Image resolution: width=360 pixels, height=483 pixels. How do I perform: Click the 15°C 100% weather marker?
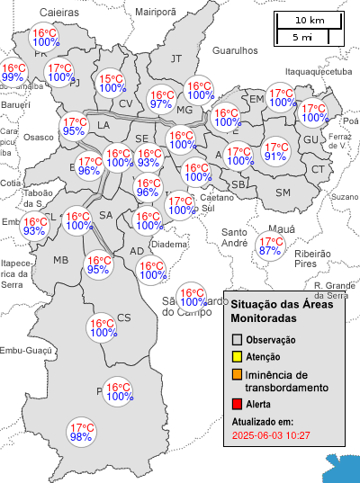[112, 84]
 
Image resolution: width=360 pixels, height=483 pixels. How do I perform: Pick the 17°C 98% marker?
[81, 433]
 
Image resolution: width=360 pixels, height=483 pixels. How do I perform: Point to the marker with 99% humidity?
[13, 73]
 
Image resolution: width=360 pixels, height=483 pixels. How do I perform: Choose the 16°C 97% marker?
[161, 99]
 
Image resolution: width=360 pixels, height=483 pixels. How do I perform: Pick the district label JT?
[176, 58]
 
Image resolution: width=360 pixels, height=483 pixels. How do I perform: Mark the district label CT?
[318, 169]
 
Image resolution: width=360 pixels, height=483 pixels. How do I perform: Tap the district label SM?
[283, 192]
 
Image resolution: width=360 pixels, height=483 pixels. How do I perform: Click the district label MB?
[61, 260]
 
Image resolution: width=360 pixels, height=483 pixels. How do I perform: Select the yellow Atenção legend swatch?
[238, 358]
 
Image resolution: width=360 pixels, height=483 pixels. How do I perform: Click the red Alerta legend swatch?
[238, 405]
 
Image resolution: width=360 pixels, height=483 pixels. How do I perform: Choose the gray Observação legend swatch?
[238, 341]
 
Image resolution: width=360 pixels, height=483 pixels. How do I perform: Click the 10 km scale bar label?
[310, 20]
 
